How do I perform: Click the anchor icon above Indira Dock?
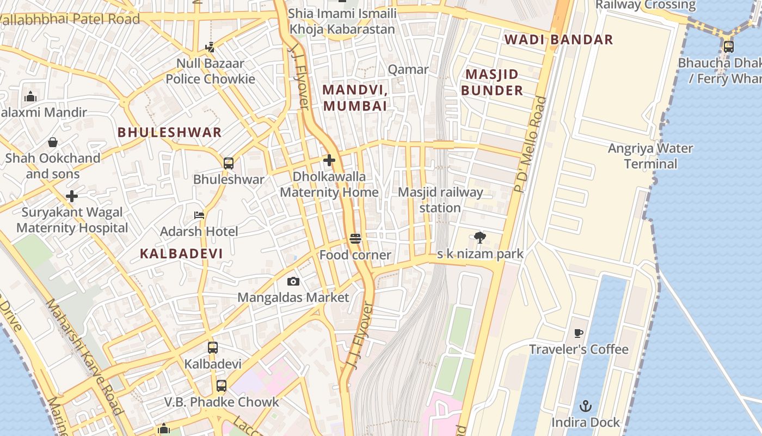coord(586,406)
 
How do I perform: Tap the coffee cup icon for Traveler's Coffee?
coord(579,333)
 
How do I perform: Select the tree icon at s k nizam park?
coord(480,237)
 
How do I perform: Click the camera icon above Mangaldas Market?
coord(293,281)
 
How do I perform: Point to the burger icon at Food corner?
coord(355,239)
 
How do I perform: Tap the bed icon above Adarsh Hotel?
coord(199,215)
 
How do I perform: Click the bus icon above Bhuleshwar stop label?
coord(229,163)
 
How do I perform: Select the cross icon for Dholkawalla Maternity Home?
coord(329,160)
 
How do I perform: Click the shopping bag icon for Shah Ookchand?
coord(53,142)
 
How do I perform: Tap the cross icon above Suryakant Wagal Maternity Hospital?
coord(72,196)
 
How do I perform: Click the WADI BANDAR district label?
coord(558,40)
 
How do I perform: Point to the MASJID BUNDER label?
coord(492,82)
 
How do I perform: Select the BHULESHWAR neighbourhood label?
coord(170,132)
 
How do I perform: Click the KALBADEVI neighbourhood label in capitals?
coord(181,253)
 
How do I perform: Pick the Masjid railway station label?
coord(440,200)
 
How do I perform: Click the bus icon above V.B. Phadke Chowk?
coord(221,386)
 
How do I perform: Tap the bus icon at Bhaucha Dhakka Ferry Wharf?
coord(728,47)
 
